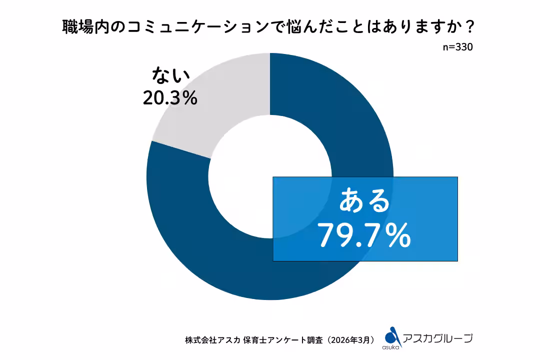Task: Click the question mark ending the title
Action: pos(468,27)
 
